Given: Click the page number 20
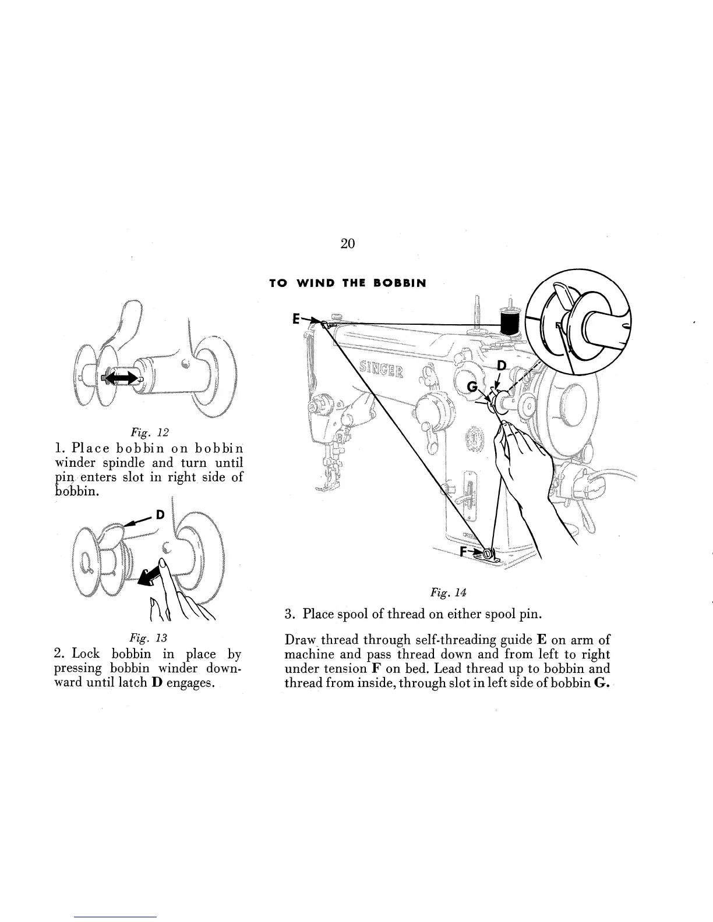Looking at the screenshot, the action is [347, 243].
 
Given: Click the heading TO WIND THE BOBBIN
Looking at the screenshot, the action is [347, 283].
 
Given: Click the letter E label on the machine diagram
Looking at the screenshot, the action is [296, 319].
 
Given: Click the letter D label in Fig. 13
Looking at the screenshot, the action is [161, 515].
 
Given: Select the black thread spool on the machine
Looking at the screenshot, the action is [510, 321].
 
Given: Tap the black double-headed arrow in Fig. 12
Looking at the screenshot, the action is [122, 378].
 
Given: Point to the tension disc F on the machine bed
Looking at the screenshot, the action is [489, 553].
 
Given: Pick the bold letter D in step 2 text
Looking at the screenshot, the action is [156, 682].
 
